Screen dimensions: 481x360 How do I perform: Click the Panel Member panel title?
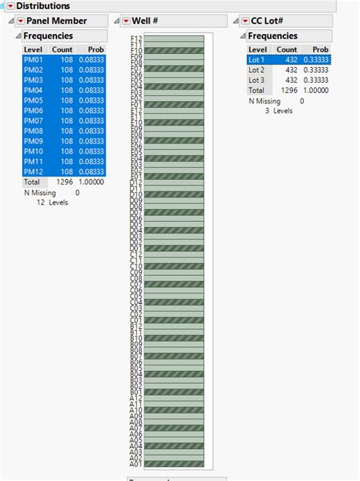[x=56, y=21]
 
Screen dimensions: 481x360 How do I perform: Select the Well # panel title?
[x=144, y=21]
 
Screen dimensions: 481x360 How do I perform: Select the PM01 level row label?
[x=33, y=60]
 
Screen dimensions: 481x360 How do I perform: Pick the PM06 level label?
[x=33, y=111]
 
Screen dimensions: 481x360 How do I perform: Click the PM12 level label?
[x=33, y=172]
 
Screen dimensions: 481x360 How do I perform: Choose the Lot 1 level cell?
[x=257, y=60]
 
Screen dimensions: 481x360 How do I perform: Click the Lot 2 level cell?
[x=257, y=70]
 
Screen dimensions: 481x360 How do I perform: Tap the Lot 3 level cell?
[x=257, y=80]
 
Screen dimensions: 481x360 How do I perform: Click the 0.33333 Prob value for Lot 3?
[x=317, y=80]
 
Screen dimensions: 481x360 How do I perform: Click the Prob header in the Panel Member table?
[x=95, y=49]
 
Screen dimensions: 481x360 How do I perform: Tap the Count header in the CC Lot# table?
[x=287, y=49]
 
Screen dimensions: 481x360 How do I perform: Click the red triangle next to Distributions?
[x=11, y=5]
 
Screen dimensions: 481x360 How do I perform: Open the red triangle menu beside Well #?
[x=125, y=21]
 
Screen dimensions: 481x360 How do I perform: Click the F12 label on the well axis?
[x=137, y=38]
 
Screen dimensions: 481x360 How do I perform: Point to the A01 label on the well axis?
[x=137, y=464]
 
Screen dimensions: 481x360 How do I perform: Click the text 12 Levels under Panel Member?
[x=52, y=202]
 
